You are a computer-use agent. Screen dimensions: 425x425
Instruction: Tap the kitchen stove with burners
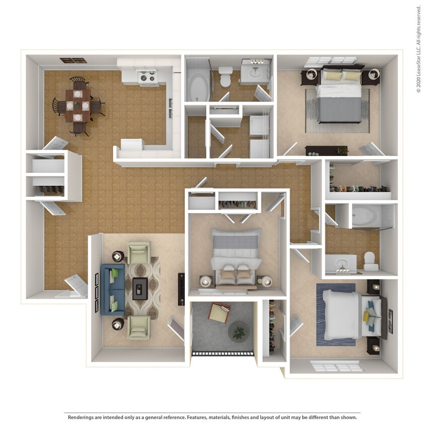(x=148, y=78)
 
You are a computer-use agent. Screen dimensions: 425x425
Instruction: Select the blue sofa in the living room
(x=112, y=289)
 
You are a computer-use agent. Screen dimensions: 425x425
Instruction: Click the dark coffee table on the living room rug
(x=140, y=288)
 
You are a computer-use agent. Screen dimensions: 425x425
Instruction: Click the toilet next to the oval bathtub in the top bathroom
(x=225, y=77)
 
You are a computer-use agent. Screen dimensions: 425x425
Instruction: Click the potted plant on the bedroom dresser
(x=343, y=150)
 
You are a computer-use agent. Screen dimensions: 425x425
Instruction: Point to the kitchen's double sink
(x=171, y=103)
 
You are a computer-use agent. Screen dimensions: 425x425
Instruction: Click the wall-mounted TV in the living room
(x=181, y=289)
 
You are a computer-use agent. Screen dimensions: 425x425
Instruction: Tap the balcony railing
(x=223, y=353)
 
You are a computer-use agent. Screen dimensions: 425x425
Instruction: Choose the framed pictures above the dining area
(x=73, y=60)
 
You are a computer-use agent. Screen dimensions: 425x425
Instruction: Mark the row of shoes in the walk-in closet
(x=360, y=188)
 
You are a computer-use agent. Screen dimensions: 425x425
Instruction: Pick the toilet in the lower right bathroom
(x=371, y=259)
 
